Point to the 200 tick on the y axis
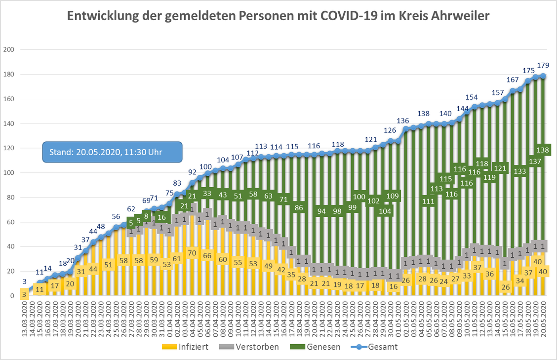coord(8,49)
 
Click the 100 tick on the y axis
coord(8,173)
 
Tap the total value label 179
coord(544,65)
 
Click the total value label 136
coord(402,120)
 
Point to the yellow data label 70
coord(192,253)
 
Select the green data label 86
coord(299,208)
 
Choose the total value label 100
coord(206,167)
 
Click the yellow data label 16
coord(394,286)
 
